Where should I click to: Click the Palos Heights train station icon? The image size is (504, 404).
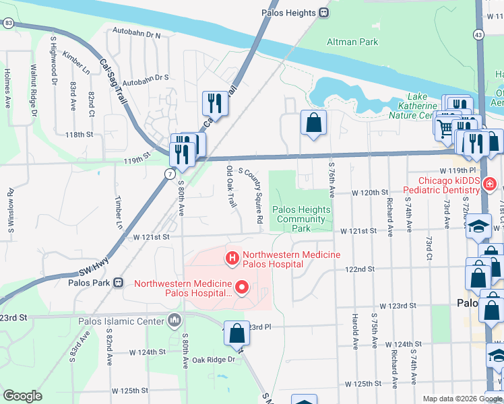(x=324, y=13)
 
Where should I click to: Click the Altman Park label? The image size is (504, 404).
(x=352, y=42)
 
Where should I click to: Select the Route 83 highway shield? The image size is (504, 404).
(x=7, y=23)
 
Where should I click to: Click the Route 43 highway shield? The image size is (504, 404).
(x=478, y=34)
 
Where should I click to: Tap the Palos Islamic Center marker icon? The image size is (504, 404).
(x=176, y=320)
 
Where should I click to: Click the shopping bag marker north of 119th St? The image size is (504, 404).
(x=313, y=123)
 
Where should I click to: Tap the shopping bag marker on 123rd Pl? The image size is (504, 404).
(x=237, y=333)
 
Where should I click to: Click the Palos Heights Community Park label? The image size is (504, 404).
(x=301, y=219)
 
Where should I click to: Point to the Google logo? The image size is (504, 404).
(x=22, y=396)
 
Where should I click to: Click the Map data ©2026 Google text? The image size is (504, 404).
(x=462, y=399)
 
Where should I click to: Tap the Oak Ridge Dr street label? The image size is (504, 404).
(x=213, y=360)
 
